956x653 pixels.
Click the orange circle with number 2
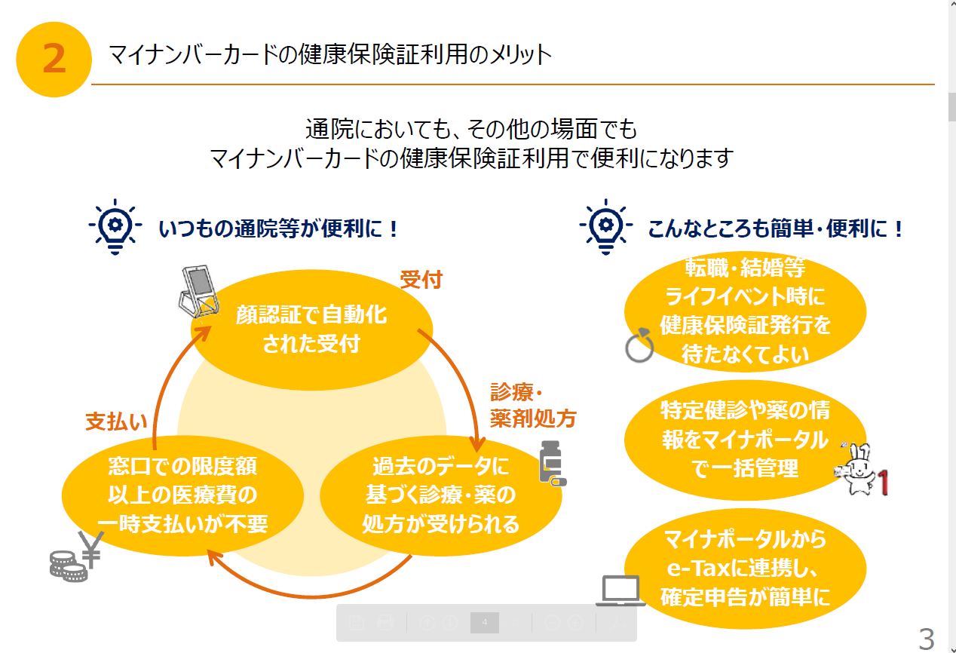(x=54, y=59)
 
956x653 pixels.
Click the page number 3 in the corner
(x=926, y=639)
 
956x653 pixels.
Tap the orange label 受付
(x=421, y=281)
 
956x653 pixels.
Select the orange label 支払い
(x=116, y=422)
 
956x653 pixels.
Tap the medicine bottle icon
(x=550, y=461)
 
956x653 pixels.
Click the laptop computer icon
(x=620, y=590)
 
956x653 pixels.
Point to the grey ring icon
(x=639, y=347)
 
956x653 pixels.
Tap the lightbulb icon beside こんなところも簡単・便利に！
(x=605, y=226)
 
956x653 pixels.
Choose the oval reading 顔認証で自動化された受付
(x=311, y=330)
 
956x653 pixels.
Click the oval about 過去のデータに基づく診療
(x=441, y=495)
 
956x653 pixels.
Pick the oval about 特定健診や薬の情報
(x=745, y=439)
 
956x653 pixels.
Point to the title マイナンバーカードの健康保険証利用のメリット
(x=330, y=55)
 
